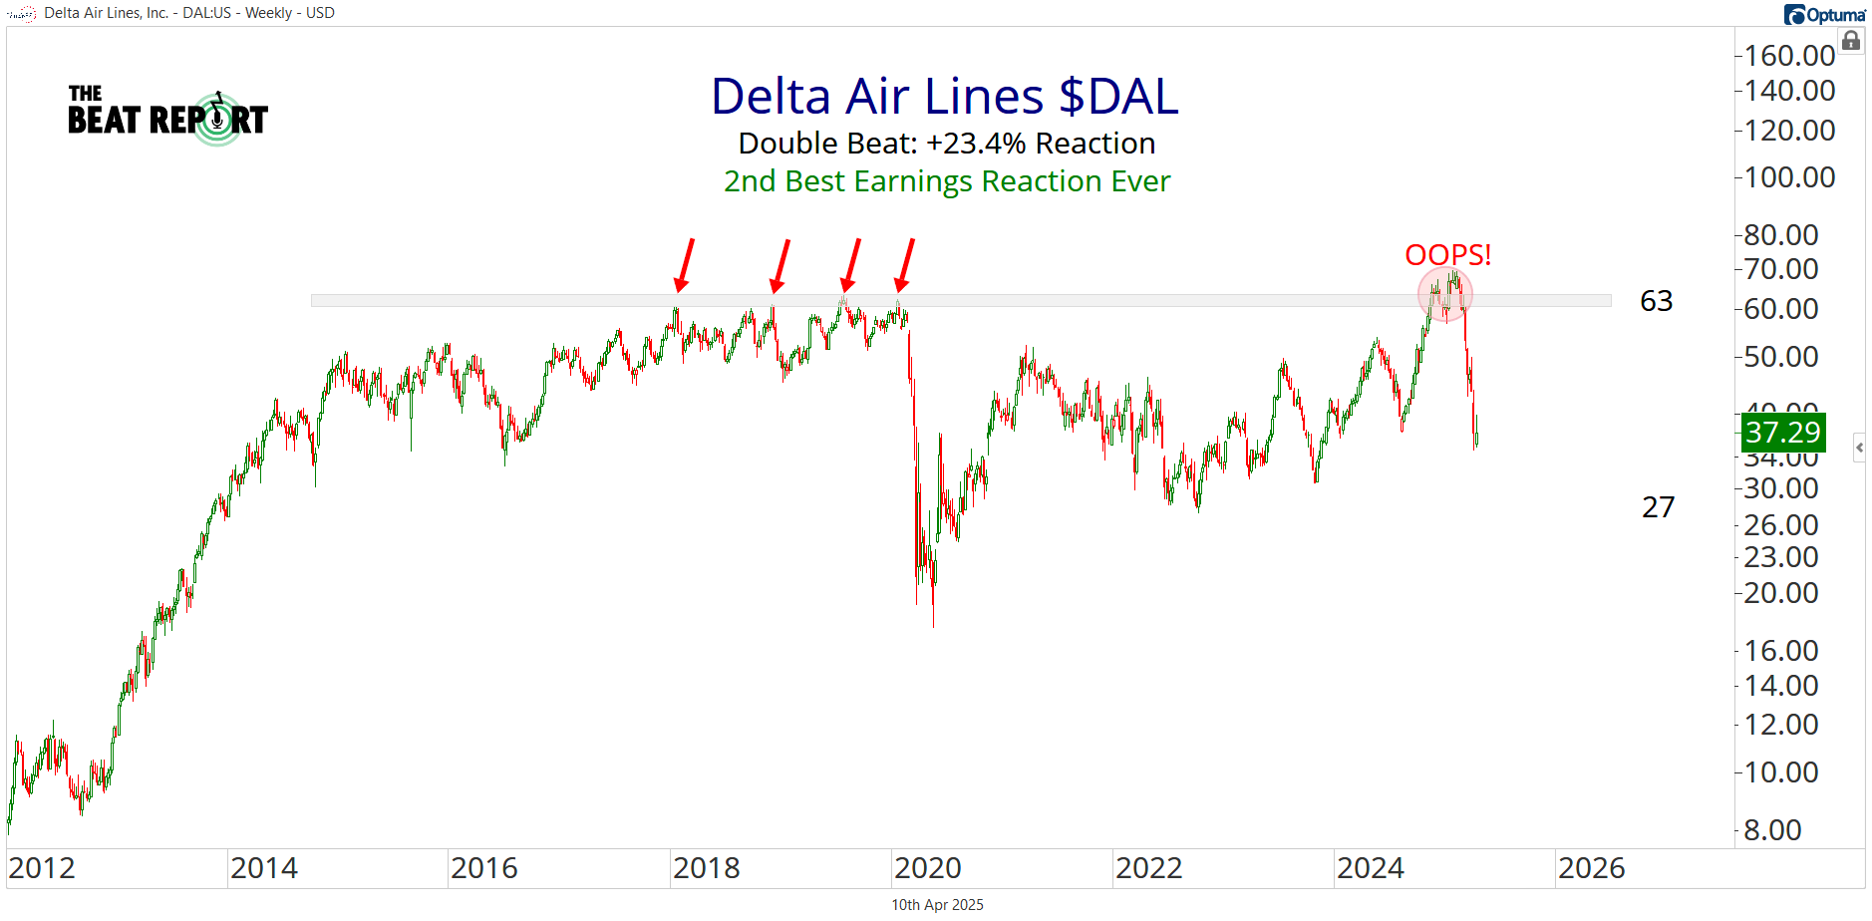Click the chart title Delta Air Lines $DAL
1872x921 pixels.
[x=944, y=97]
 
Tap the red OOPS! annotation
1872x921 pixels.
[x=1447, y=255]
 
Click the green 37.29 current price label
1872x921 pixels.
[x=1783, y=433]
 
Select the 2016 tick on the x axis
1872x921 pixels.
[x=484, y=868]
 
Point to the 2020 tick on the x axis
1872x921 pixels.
[x=927, y=868]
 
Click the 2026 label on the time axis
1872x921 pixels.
[x=1591, y=868]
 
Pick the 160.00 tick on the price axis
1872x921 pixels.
[x=1789, y=56]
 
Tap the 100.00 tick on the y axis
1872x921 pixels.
[x=1789, y=177]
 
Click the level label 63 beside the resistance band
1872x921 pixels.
[x=1656, y=301]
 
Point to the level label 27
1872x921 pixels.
[x=1658, y=507]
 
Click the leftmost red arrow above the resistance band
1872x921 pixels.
[x=685, y=264]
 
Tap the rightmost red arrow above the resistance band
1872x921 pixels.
[x=905, y=264]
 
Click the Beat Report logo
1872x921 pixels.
[x=167, y=118]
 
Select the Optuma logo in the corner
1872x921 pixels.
[x=1825, y=14]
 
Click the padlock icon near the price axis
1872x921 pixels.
[x=1851, y=41]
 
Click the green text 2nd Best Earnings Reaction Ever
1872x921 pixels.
[x=946, y=181]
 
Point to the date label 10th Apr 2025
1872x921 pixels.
[x=937, y=905]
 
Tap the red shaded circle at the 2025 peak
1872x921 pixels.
[x=1444, y=294]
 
